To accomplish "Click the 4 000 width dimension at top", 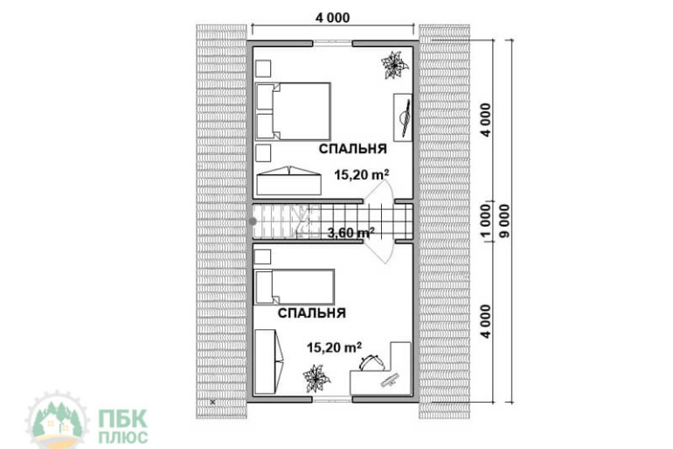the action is tap(333, 18).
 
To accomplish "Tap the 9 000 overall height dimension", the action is tap(505, 221).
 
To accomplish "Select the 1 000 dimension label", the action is tap(485, 221).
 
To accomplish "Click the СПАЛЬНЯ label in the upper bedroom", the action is tap(352, 149).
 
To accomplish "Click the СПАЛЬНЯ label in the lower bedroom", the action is tap(312, 312).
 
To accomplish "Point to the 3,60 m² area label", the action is tap(350, 233).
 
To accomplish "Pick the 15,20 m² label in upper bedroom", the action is tap(361, 175).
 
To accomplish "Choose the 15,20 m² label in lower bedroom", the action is tap(334, 347).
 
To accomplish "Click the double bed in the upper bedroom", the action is tap(293, 111).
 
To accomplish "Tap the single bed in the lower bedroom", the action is tap(294, 287).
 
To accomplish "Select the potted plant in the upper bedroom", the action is tap(394, 65).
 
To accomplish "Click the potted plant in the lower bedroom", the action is tap(316, 378).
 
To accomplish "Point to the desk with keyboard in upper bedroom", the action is tap(403, 118).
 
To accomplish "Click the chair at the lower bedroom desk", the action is tap(371, 362).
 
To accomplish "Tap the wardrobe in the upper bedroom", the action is tap(288, 180).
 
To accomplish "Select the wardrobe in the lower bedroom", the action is tap(269, 361).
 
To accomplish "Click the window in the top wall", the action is tap(333, 43).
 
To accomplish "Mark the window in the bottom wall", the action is tap(333, 399).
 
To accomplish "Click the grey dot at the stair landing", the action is tap(253, 221).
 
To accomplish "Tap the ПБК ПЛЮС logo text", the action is tap(123, 426).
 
